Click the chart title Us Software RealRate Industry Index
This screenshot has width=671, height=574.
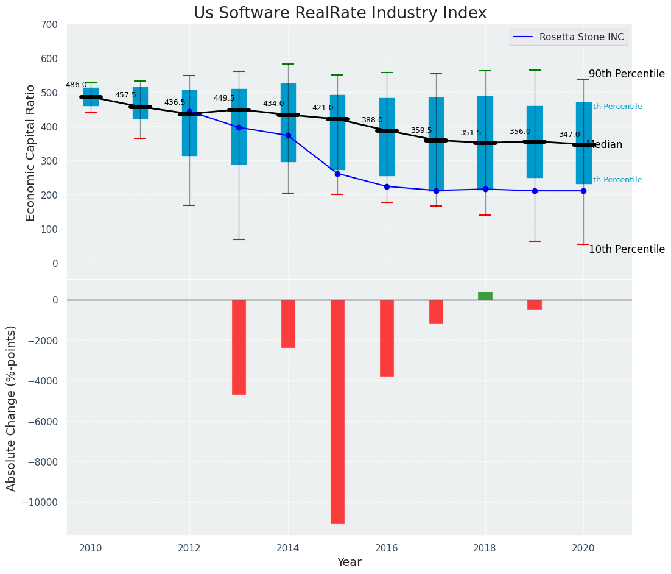(340, 13)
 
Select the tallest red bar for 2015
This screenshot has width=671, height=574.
(337, 411)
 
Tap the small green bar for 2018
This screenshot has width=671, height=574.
(485, 296)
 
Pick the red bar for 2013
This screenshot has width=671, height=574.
(239, 347)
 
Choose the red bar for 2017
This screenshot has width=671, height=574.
(436, 311)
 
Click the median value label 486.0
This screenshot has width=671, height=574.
(76, 85)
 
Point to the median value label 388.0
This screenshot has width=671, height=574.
(372, 121)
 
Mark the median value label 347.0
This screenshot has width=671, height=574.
(569, 135)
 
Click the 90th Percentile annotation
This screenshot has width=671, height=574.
(627, 74)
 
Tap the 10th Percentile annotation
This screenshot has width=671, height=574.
(627, 249)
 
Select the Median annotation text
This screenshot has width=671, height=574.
(605, 145)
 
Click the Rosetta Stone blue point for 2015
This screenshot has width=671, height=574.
(337, 174)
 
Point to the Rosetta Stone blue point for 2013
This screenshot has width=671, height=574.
(239, 127)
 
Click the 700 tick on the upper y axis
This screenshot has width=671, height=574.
(50, 25)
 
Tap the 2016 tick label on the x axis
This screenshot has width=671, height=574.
(387, 548)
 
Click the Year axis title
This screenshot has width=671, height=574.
(349, 562)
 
